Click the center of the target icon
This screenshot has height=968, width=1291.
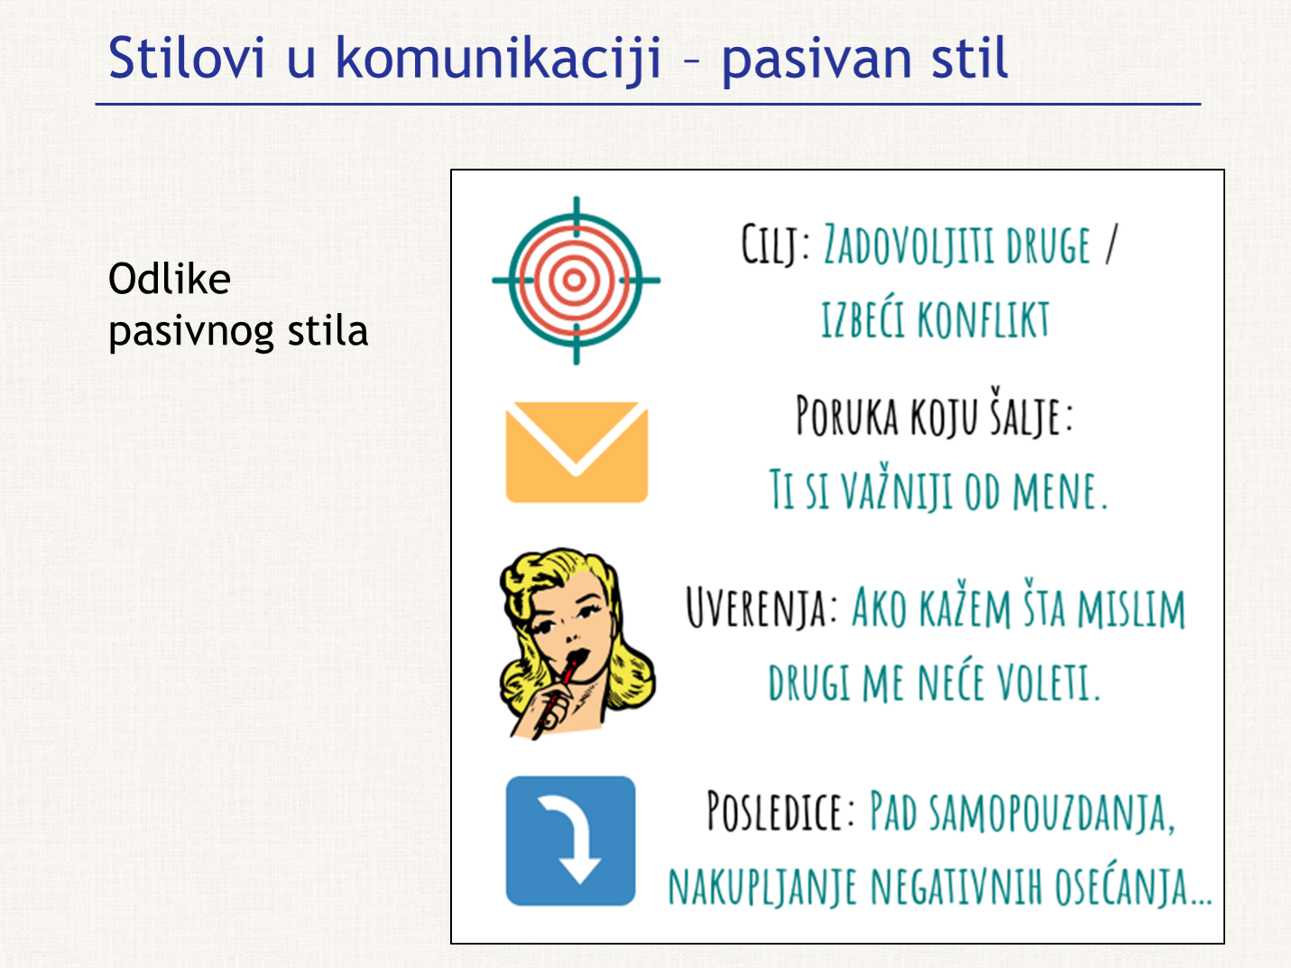click(576, 280)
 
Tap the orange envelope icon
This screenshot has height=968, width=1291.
click(576, 452)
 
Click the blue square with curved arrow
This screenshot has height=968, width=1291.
click(570, 841)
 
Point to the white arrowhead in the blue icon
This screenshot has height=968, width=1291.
click(580, 869)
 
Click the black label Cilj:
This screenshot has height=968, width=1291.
click(775, 244)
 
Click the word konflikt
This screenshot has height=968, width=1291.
click(983, 319)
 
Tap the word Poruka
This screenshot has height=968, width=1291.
click(847, 416)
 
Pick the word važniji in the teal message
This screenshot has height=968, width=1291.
click(897, 489)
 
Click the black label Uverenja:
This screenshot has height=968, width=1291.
click(761, 607)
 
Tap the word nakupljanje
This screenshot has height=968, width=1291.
click(762, 888)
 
